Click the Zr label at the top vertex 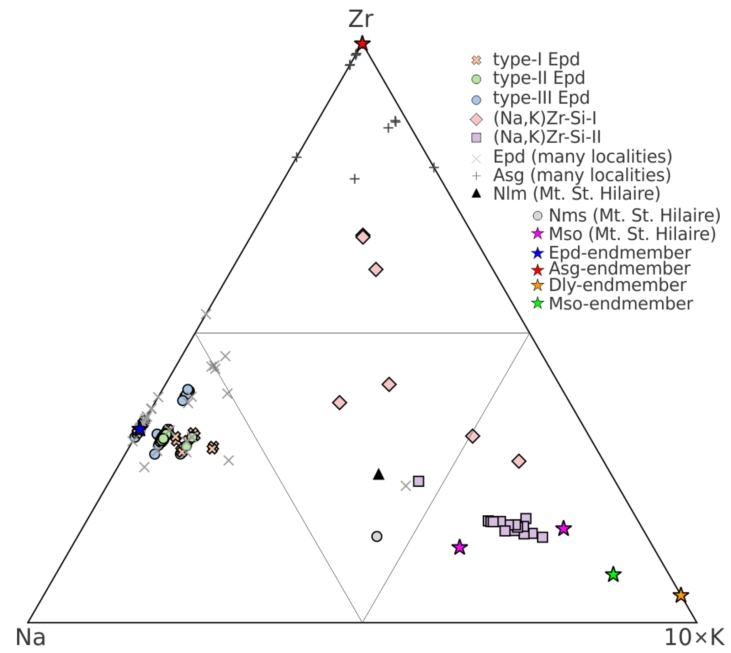point(360,18)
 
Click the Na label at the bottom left point(31,637)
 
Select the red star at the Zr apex point(362,43)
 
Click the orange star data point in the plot point(680,595)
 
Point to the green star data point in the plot point(613,574)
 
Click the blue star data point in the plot point(139,429)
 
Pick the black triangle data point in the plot point(378,474)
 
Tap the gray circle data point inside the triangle point(376,536)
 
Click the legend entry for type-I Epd point(536,59)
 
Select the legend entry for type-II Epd point(539,78)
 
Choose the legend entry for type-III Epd point(541,97)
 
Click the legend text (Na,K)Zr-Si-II point(546,137)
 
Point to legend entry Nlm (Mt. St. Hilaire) point(576,194)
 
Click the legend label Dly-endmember point(617,285)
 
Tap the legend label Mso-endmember point(620,303)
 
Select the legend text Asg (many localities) point(582,175)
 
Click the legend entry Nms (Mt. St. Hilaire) point(634,215)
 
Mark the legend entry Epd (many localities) point(582,156)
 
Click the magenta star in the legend point(537,234)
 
